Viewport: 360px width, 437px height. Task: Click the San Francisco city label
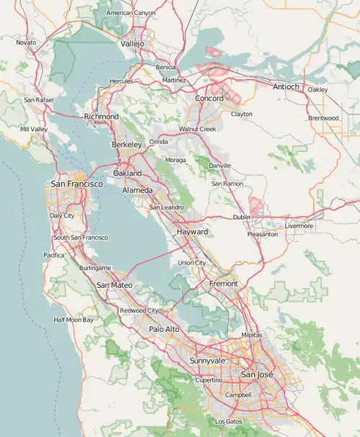[76, 184]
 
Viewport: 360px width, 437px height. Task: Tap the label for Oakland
[127, 174]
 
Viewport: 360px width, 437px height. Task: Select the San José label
[257, 374]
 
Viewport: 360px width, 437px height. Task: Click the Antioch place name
[286, 87]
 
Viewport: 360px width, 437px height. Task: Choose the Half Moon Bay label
[73, 320]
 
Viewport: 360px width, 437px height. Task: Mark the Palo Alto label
[164, 329]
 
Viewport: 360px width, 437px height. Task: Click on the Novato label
[26, 42]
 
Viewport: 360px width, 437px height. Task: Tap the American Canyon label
[130, 13]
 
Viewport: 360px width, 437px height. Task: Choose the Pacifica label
[54, 255]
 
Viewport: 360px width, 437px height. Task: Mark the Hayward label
[192, 233]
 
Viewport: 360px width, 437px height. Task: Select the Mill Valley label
[34, 129]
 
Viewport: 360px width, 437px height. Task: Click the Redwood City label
[139, 310]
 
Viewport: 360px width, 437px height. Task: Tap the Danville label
[220, 166]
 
